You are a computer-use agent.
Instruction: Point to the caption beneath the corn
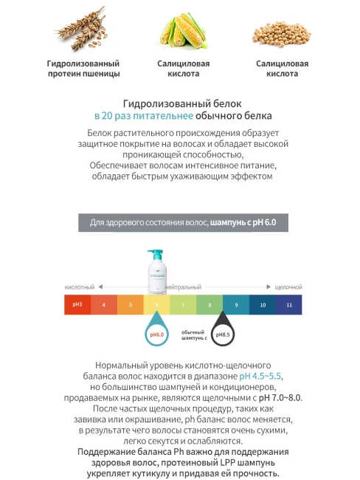180,69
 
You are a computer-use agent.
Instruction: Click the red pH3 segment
77,304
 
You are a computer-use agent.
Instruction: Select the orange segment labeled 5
131,304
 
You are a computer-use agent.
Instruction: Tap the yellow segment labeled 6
157,304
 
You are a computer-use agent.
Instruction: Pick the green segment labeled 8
210,304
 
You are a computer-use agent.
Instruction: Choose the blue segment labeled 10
263,304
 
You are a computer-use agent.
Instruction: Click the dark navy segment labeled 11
289,304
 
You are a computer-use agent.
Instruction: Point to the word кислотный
80,287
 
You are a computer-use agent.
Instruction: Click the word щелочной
288,287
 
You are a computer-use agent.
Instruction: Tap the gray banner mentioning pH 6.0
180,222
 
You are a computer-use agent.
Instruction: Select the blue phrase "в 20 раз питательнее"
144,117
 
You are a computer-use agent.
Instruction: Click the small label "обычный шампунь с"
193,335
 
